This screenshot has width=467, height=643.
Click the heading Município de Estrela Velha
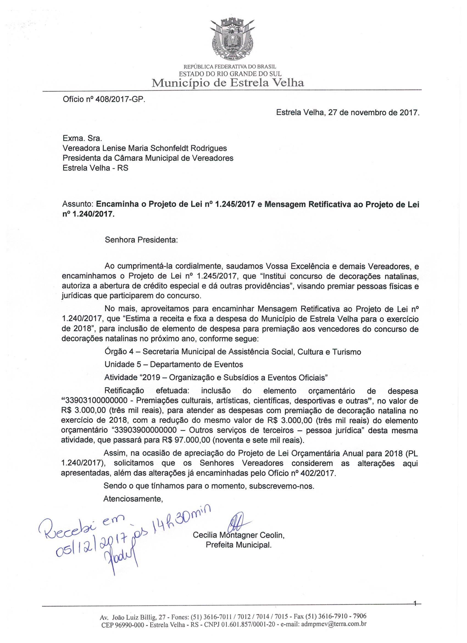228,83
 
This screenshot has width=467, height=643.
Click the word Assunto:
78,205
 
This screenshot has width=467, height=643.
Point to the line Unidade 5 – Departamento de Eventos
174,364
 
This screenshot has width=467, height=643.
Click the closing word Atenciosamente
133,499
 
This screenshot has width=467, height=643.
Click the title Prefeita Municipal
238,545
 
